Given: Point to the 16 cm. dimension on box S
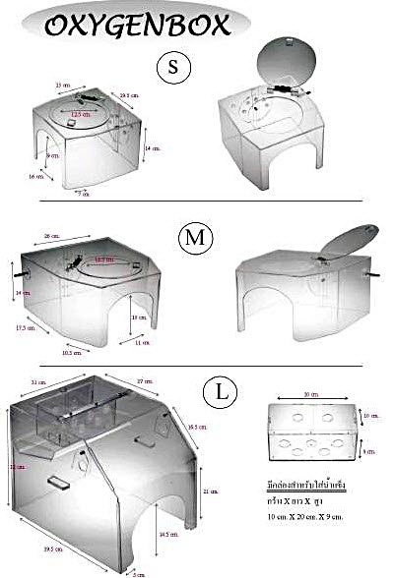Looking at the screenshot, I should coord(36,177).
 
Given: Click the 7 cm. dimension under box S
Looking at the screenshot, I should coord(86,195).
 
